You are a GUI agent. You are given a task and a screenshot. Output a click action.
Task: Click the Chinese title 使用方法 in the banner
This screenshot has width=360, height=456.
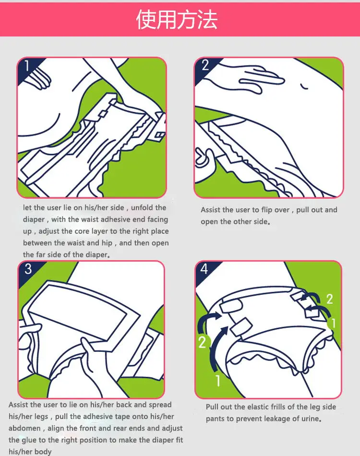pos(177,20)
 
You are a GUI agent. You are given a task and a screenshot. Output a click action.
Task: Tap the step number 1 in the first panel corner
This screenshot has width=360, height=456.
pos(27,66)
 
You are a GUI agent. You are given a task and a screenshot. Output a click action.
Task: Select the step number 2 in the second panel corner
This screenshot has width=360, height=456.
pos(205,65)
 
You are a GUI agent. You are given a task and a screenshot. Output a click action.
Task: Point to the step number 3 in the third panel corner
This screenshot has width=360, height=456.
pos(28,269)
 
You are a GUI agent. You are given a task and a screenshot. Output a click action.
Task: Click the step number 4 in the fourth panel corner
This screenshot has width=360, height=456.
pos(204,269)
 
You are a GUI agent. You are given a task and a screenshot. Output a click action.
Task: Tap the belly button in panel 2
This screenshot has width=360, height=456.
pos(304,87)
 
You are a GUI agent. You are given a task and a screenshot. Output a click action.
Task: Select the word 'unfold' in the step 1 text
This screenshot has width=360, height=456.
pos(142,208)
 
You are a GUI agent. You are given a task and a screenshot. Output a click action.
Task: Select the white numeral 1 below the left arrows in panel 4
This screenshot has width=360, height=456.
pos(218,380)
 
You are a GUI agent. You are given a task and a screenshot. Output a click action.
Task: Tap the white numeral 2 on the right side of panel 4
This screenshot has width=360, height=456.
pos(329,299)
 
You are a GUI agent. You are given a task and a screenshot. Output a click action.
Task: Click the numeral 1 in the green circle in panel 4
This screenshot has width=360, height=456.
pos(333,323)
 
